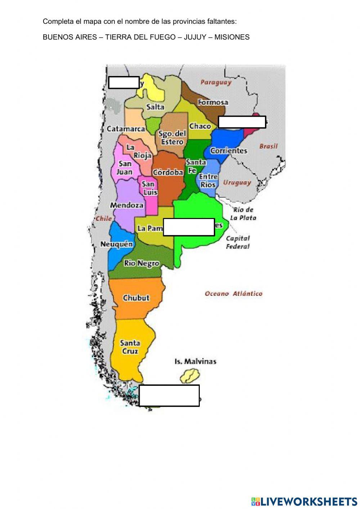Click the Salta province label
pos(155,107)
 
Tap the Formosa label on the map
pos(213,102)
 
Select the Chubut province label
pos(136,298)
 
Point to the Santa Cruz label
pos(130,347)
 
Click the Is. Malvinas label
pos(195,361)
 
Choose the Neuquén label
pos(116,244)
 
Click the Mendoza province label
pos(127,205)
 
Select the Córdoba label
pos(168,173)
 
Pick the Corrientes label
pos(229,151)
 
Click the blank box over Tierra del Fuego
pos(169,396)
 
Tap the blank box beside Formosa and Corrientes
pos(242,122)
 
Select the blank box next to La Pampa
pos(189,227)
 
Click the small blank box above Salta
pos(123,82)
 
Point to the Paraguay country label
pos(216,82)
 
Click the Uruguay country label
pos(237,183)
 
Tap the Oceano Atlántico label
pos(233,294)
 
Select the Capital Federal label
pos(238,242)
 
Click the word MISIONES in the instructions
pos(232,37)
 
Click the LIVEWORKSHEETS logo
pos(304,501)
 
